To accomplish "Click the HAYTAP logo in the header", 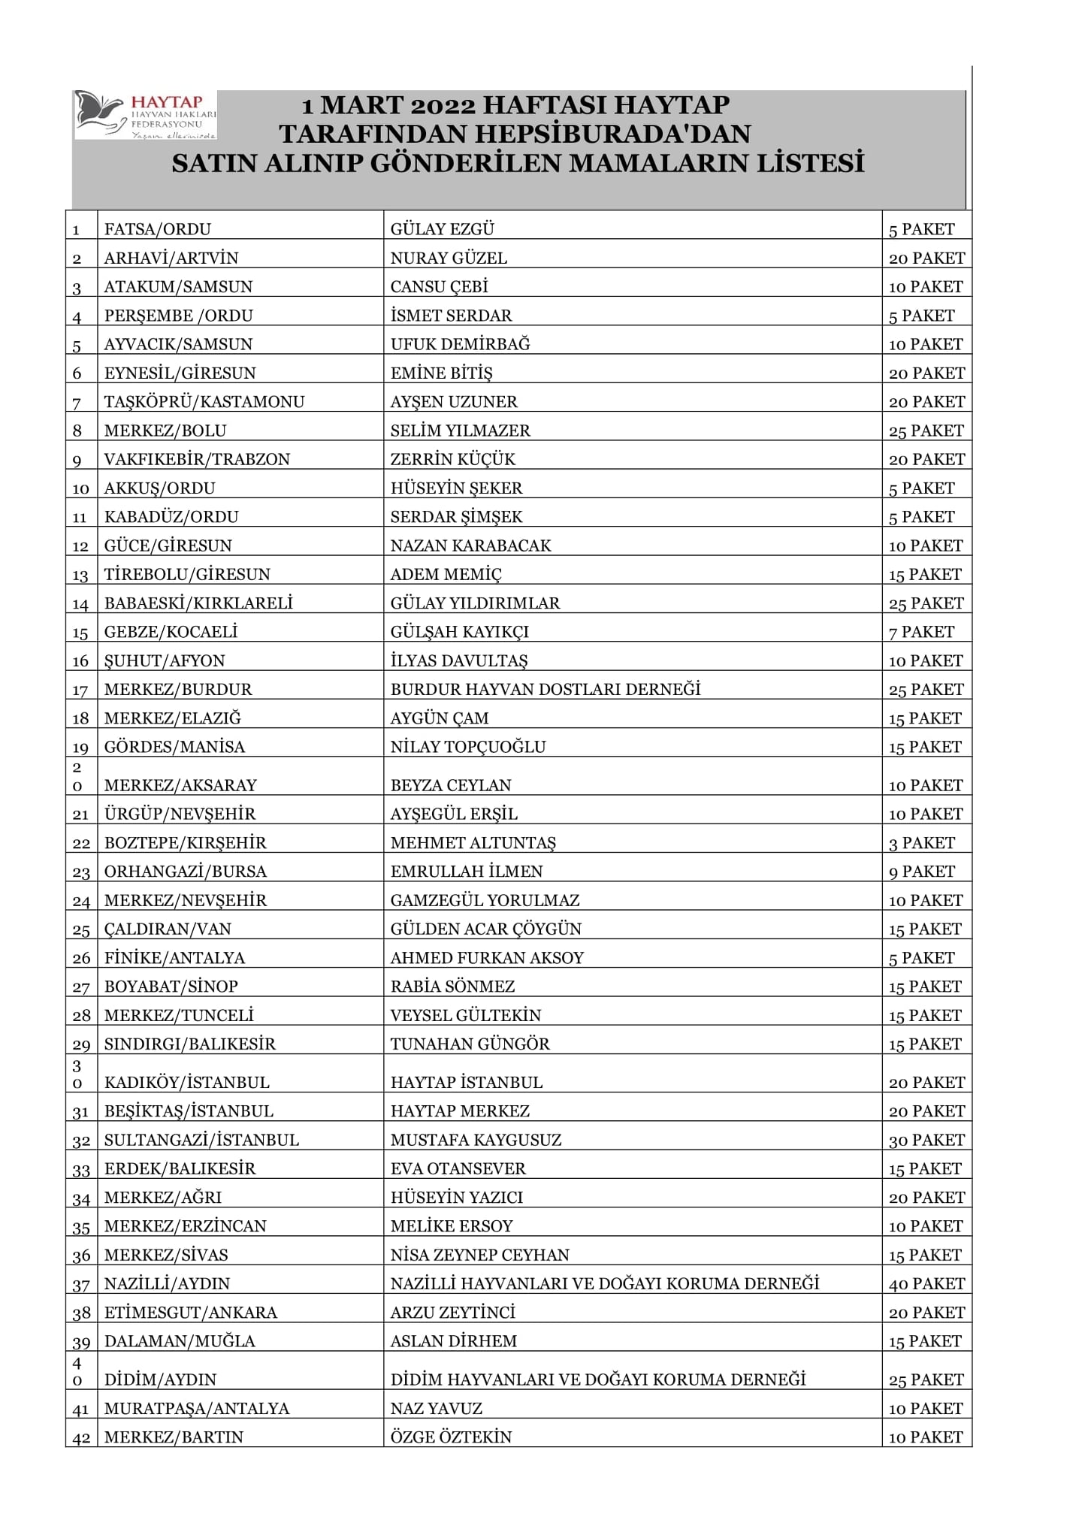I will [x=146, y=115].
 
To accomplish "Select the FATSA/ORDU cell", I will [x=158, y=229].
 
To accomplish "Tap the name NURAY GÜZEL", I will [x=449, y=258].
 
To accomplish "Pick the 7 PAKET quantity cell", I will [x=921, y=632].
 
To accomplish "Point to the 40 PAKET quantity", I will [x=926, y=1283].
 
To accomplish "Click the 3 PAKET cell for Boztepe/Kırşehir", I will [x=921, y=843].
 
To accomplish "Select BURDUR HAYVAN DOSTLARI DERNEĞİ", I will [x=546, y=689].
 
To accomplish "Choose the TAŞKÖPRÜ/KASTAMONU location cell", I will [x=204, y=402].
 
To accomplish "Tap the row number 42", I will [x=81, y=1437].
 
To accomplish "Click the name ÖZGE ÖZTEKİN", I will [x=451, y=1437].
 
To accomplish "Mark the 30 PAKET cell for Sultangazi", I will [x=926, y=1140].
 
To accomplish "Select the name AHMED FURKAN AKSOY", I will [x=487, y=958].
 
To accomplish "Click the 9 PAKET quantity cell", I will [x=921, y=872].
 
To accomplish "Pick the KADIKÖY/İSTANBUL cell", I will [x=186, y=1082].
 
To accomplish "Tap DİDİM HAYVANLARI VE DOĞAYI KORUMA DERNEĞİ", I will [x=598, y=1379].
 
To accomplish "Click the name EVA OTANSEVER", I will [x=458, y=1168].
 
